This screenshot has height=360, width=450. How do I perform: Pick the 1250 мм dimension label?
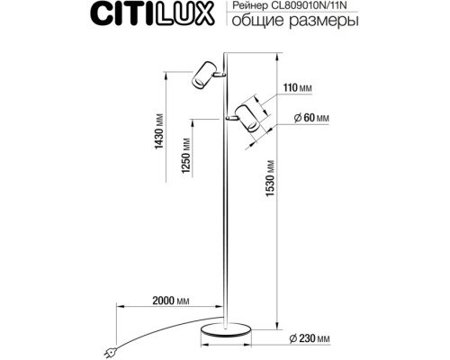click(186, 157)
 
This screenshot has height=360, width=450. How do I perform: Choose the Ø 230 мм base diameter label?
click(310, 337)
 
